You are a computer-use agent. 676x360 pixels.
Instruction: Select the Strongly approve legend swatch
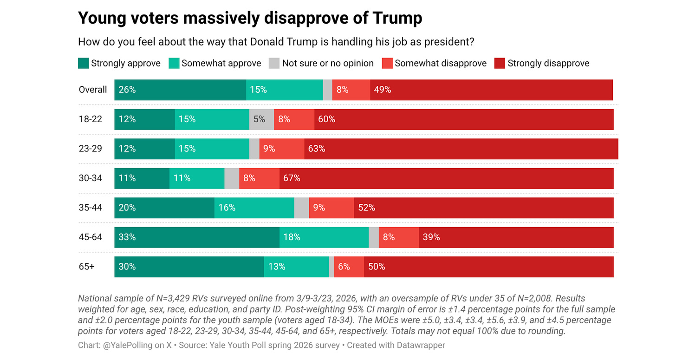83,63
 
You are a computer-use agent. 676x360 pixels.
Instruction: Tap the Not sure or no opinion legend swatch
274,63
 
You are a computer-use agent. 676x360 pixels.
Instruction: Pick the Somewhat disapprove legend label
441,63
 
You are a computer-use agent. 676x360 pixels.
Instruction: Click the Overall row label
93,90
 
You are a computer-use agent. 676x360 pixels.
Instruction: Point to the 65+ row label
86,267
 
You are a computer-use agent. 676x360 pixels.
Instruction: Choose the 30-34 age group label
90,178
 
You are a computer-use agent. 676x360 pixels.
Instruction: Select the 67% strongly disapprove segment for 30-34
446,178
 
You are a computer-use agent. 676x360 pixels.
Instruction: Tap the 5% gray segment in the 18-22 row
261,119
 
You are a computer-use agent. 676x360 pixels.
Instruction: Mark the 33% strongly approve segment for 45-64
197,237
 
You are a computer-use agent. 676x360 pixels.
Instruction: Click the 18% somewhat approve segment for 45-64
324,237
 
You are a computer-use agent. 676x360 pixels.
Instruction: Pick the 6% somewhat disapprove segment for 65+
349,267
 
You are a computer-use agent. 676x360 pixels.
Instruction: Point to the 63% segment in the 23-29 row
461,149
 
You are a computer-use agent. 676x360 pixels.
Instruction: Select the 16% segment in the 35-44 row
254,208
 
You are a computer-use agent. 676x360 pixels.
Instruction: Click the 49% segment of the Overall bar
491,90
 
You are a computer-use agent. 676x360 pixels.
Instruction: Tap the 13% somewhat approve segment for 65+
296,267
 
